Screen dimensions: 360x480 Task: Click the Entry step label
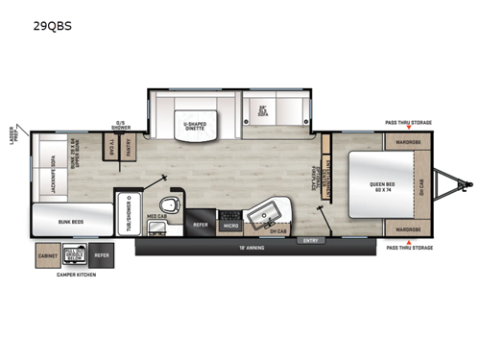click(309, 241)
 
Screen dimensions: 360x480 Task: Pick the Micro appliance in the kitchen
click(230, 225)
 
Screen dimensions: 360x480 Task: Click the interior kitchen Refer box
click(201, 225)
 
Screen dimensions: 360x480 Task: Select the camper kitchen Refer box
click(102, 256)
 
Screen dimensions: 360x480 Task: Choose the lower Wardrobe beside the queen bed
click(408, 230)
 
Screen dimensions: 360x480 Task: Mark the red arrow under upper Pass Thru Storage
click(408, 129)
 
